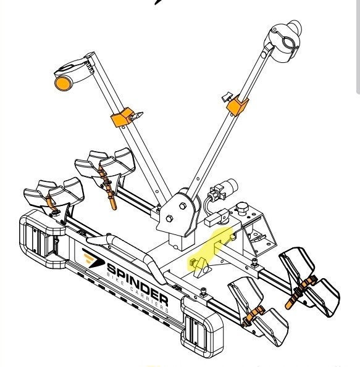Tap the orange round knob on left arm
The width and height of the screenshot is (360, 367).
pyautogui.click(x=62, y=83)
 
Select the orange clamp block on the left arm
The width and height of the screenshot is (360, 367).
pyautogui.click(x=121, y=117)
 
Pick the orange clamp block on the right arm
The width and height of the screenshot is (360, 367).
pyautogui.click(x=237, y=105)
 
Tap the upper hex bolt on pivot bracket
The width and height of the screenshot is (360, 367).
pyautogui.click(x=183, y=206)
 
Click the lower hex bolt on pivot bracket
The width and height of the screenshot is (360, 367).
pyautogui.click(x=169, y=220)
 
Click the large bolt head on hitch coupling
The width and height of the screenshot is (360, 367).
pyautogui.click(x=242, y=208)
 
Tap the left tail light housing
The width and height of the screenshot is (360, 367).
pyautogui.click(x=43, y=239)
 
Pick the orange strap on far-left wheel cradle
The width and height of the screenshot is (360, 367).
pyautogui.click(x=52, y=204)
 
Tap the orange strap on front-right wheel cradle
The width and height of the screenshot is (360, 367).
pyautogui.click(x=254, y=316)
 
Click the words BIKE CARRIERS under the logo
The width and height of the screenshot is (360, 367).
pyautogui.click(x=138, y=292)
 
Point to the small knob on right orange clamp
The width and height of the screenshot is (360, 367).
pyautogui.click(x=227, y=96)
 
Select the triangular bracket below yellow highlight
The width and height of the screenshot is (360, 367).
pyautogui.click(x=201, y=267)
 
